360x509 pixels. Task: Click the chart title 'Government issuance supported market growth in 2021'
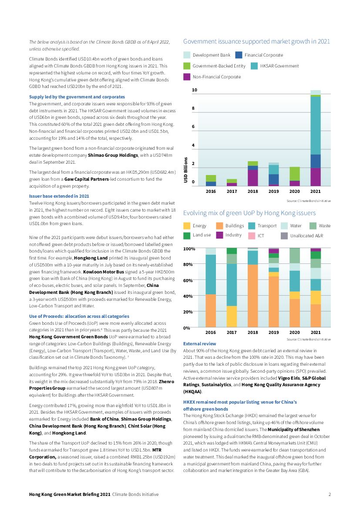coord(256,41)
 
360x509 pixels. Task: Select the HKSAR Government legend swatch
coord(255,66)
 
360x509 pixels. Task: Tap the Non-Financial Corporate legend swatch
coord(187,77)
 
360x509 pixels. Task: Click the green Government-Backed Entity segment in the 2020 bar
coord(295,174)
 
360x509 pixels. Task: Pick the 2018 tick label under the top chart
coord(252,191)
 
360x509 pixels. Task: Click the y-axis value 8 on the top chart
coord(194,108)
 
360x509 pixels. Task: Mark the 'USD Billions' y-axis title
coord(186,170)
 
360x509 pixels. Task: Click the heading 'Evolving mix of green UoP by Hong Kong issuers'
coord(249,213)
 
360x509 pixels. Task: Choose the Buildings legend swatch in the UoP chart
coord(219,226)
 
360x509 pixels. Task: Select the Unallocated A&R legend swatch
coord(284,236)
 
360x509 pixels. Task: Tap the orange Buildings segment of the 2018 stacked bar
coord(252,296)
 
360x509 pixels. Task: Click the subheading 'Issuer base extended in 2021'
coord(59,196)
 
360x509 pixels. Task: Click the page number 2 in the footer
coord(330,494)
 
